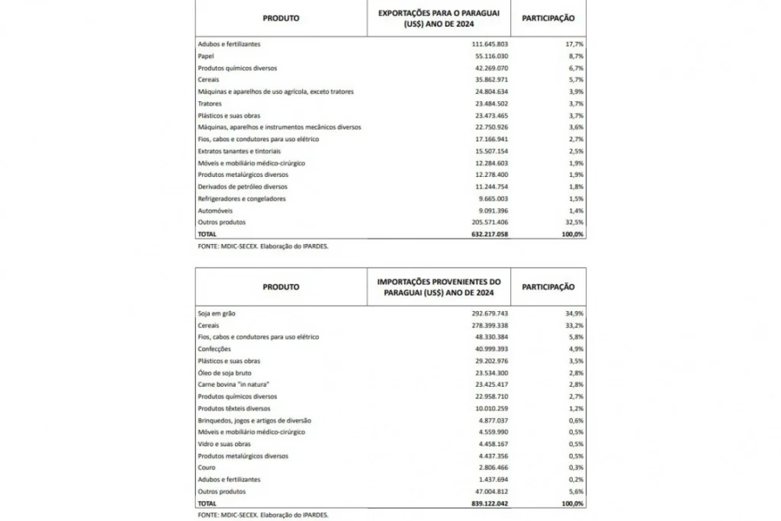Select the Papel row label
click(205, 56)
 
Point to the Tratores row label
click(210, 104)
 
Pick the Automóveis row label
click(214, 211)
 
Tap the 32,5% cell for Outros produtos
click(573, 222)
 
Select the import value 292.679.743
click(486, 314)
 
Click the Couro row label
click(207, 468)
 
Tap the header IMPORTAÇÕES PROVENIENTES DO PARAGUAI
click(439, 287)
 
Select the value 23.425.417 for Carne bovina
click(487, 384)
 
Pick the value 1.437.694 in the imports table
click(489, 480)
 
